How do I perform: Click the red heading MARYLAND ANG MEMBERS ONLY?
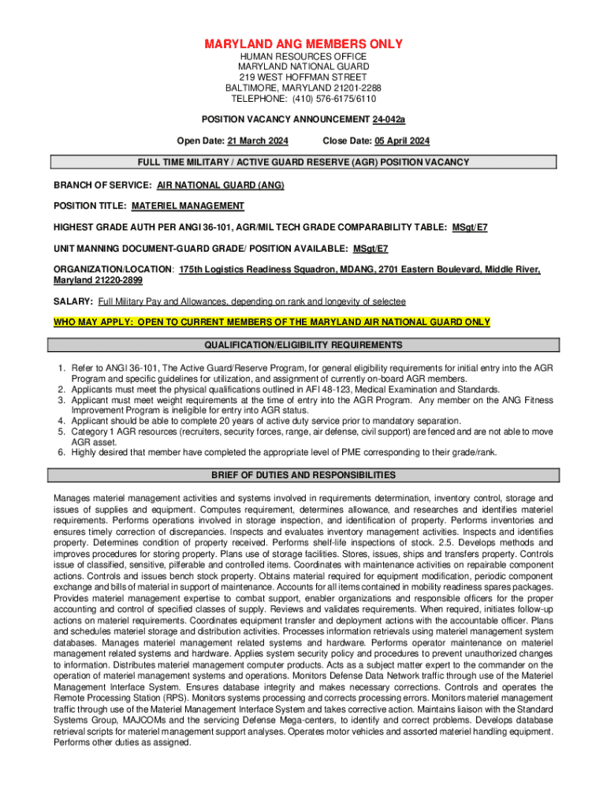[303, 43]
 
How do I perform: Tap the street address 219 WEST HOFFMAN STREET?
[303, 77]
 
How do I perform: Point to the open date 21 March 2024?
[258, 141]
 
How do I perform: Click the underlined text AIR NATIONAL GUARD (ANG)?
[220, 185]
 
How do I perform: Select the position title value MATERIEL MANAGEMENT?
[188, 206]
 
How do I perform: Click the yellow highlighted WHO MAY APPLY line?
[271, 322]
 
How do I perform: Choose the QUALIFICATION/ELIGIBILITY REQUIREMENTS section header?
[303, 346]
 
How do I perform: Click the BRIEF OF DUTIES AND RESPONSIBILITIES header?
[303, 475]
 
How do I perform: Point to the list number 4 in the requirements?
[61, 421]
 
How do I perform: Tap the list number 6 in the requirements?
[61, 452]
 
